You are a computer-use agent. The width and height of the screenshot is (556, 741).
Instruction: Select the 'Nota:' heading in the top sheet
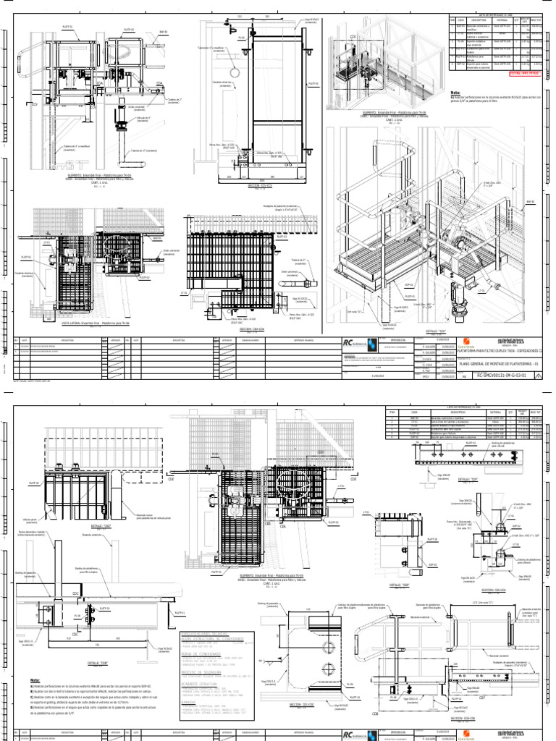click(455, 93)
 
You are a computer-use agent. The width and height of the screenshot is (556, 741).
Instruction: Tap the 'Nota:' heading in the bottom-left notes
click(35, 681)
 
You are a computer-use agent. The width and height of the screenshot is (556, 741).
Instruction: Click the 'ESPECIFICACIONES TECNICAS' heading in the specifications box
click(207, 633)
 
